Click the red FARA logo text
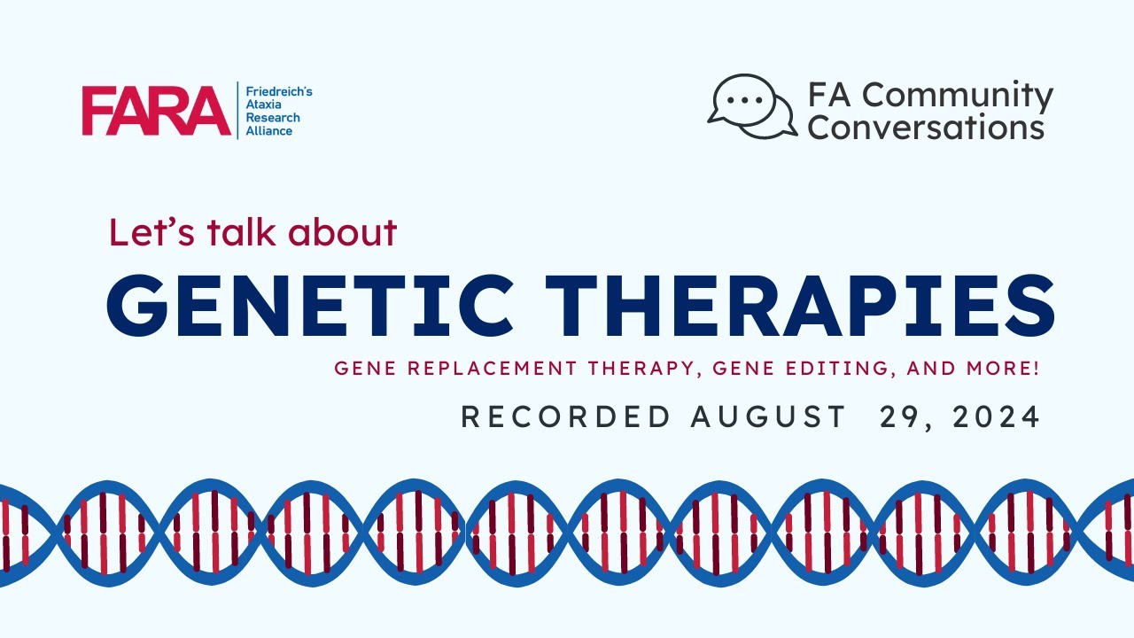point(156,111)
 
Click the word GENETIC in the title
point(309,304)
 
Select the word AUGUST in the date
point(768,417)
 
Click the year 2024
point(997,417)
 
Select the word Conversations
point(926,127)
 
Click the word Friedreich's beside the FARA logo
point(278,92)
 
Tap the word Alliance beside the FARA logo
point(268,131)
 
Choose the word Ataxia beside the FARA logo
point(263,105)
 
